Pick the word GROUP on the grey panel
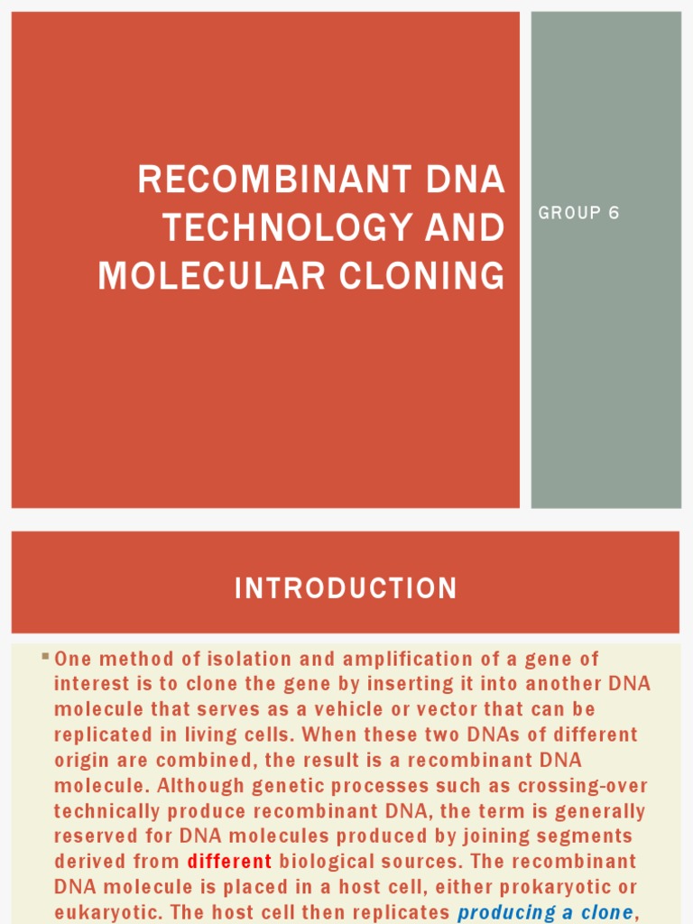[568, 213]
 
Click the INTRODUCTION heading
[346, 589]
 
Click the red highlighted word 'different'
[229, 861]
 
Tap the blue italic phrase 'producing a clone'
[544, 912]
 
